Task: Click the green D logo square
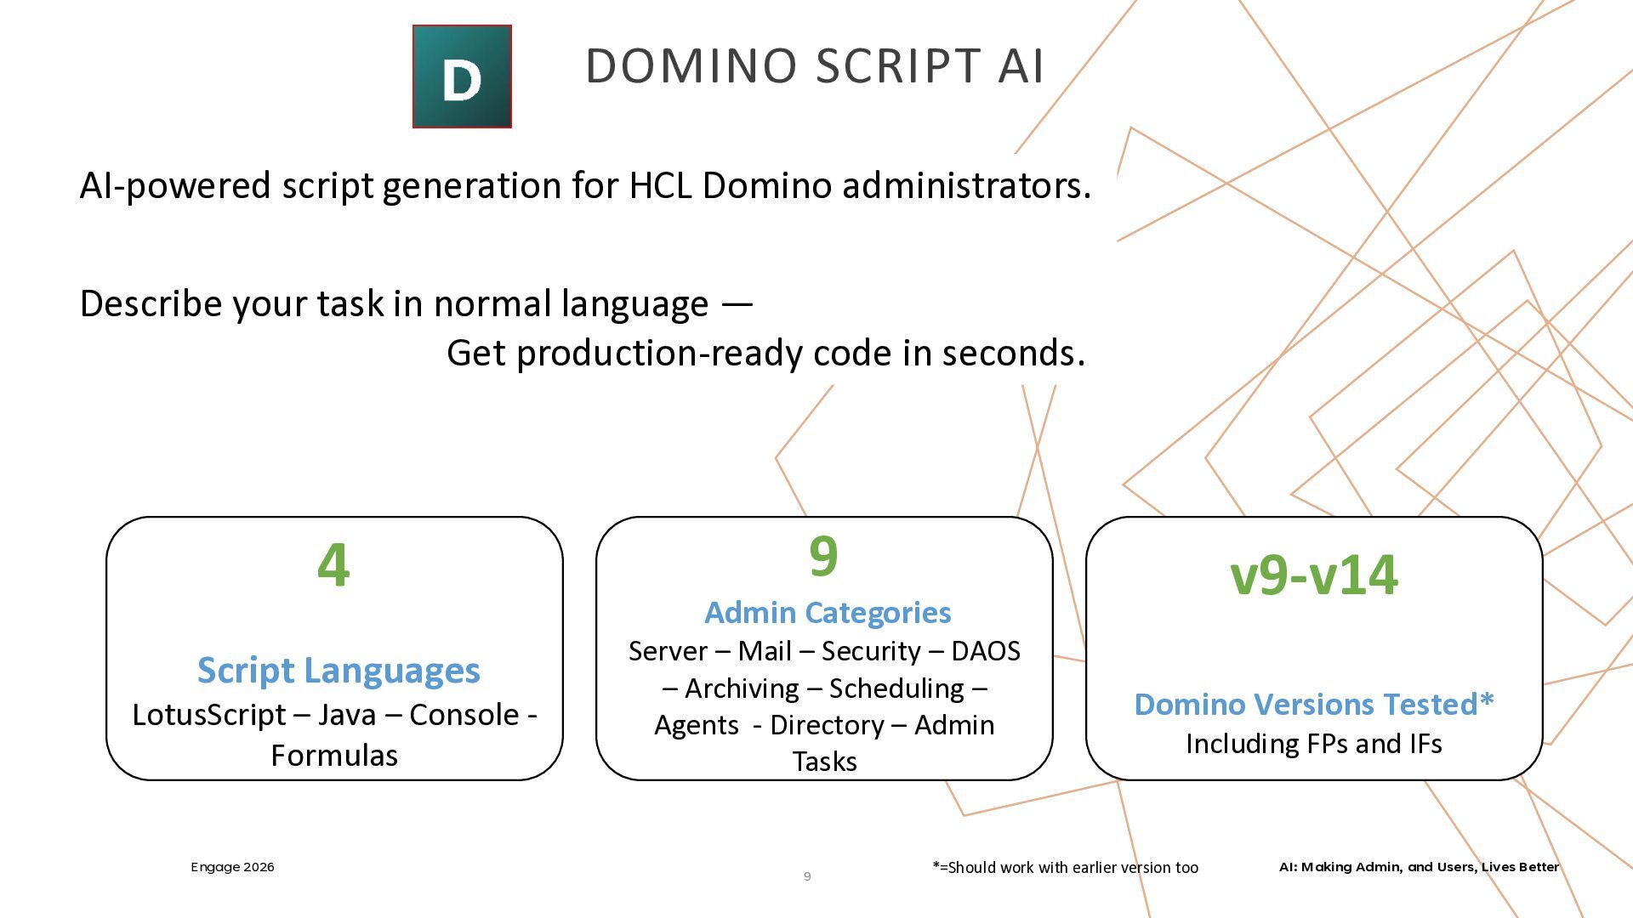462,76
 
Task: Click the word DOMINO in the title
691,66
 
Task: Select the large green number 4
333,565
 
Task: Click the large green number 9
823,557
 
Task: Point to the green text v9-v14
1314,575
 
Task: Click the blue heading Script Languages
339,671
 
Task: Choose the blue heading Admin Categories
828,613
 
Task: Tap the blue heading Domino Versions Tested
1314,705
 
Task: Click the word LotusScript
208,716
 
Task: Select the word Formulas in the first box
334,756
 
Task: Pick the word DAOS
985,652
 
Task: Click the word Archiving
742,688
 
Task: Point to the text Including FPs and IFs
1314,745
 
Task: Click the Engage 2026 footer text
232,867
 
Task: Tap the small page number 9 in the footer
807,876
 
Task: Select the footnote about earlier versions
1065,868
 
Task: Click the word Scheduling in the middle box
896,688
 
